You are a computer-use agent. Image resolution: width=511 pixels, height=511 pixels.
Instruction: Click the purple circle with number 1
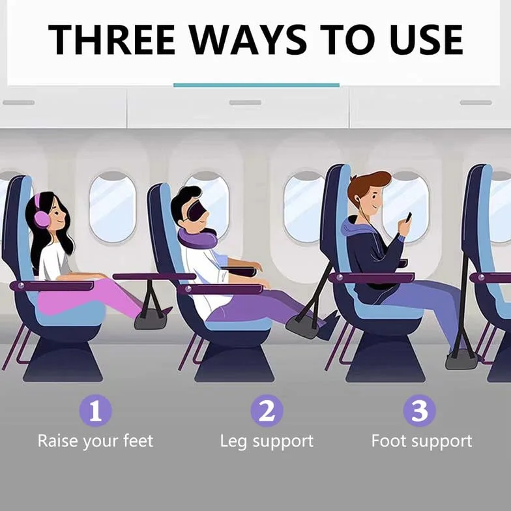click(x=95, y=411)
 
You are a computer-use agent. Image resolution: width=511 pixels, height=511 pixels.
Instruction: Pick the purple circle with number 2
click(x=267, y=411)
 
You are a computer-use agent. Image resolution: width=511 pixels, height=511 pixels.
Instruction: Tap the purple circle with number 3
click(x=420, y=411)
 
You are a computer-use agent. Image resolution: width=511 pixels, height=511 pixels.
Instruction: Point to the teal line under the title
click(x=257, y=85)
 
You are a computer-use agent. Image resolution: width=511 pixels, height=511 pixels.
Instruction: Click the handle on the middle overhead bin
click(x=245, y=103)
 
